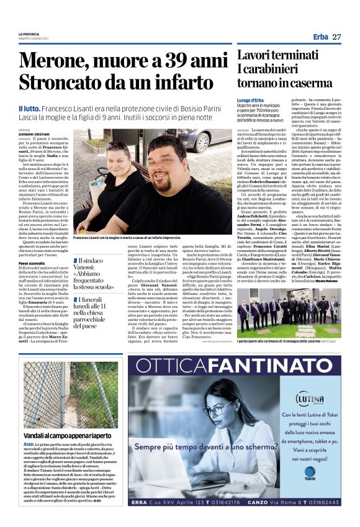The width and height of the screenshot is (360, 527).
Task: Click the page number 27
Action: click(x=336, y=37)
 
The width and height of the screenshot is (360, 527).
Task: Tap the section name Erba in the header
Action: click(x=320, y=37)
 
